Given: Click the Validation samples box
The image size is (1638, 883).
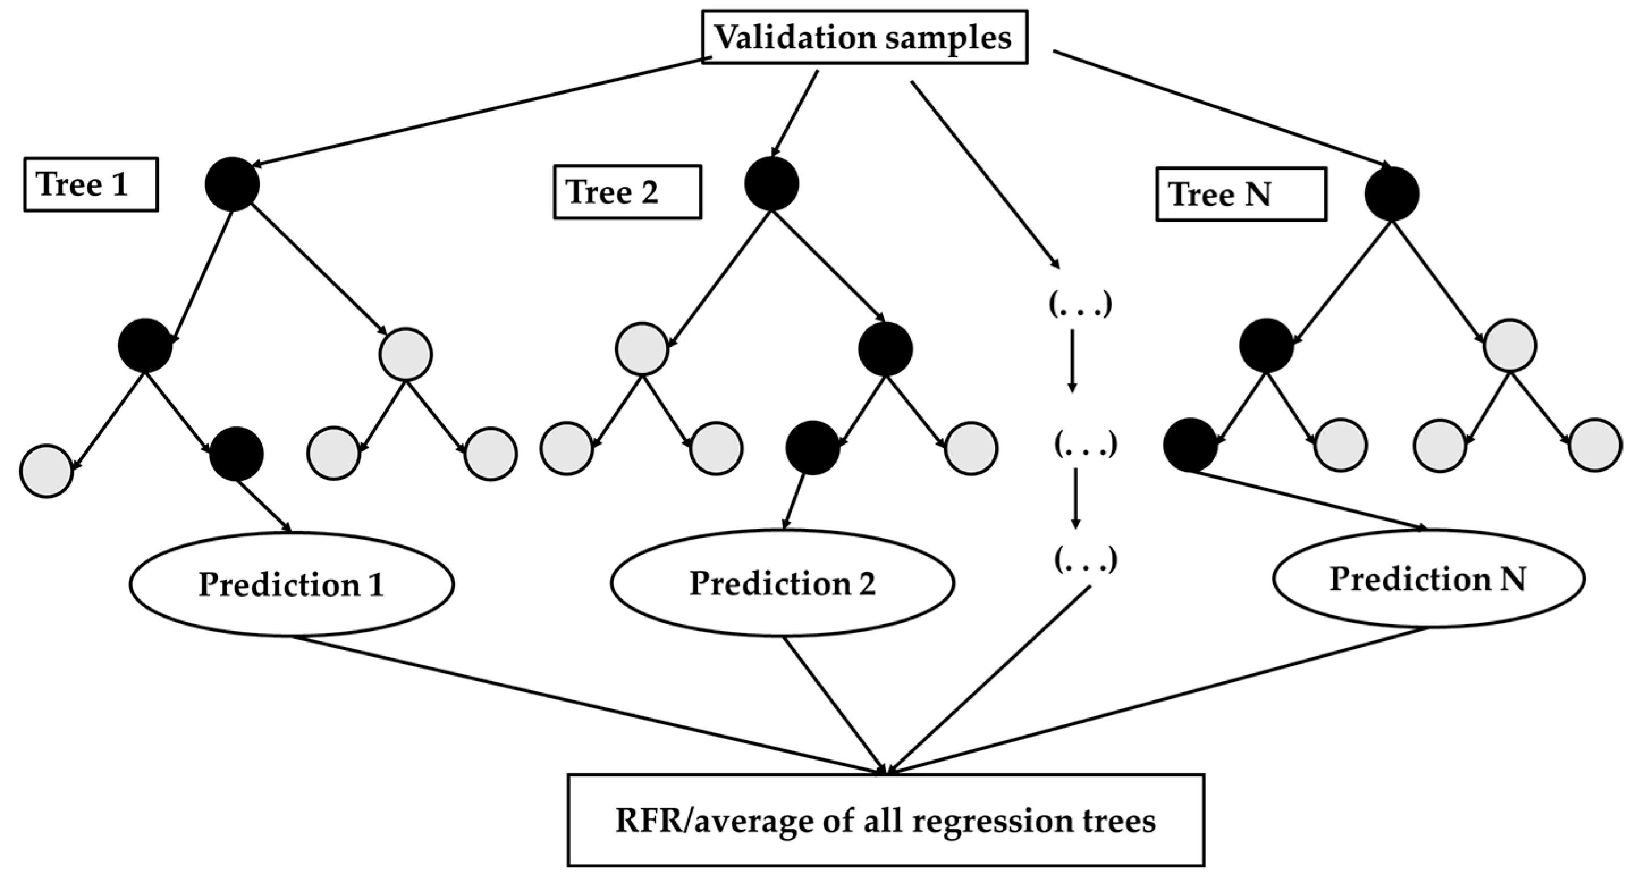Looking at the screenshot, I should tap(863, 37).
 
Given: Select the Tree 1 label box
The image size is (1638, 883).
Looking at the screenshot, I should tap(90, 184).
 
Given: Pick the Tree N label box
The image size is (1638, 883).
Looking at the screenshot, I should tap(1240, 194).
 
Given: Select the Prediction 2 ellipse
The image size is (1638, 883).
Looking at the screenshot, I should tap(782, 583).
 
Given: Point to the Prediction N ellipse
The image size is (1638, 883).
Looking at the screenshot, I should tap(1428, 579).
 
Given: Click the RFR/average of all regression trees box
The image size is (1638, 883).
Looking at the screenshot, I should tap(886, 820).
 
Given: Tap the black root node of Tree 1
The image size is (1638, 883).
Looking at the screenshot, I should tap(232, 184).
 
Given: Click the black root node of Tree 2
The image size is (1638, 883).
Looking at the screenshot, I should tap(771, 184).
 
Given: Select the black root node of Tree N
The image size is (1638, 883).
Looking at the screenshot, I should tap(1392, 194).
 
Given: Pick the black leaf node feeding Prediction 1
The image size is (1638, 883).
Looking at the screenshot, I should tap(237, 454).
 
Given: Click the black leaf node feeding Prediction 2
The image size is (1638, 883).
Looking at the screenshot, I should tap(813, 447).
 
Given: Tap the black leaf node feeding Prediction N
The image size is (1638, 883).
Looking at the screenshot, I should tap(1190, 445).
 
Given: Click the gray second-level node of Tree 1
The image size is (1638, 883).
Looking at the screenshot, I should tap(406, 354).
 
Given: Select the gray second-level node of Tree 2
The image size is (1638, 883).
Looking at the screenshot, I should tap(642, 349).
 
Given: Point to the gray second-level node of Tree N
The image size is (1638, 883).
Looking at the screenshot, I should tap(1510, 345).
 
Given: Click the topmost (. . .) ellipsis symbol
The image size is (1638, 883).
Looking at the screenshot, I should tap(1080, 304).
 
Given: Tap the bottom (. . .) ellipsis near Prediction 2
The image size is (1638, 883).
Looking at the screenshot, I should tap(1085, 559).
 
